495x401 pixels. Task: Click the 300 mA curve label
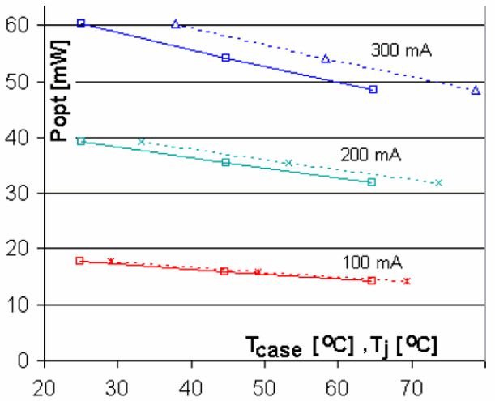tap(401, 49)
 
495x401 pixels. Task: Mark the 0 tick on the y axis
tap(33, 360)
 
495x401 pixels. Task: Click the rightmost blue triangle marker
tap(476, 90)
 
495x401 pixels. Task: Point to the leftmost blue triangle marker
tap(176, 24)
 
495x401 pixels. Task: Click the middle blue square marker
tap(225, 58)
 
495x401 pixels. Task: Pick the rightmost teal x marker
tap(438, 183)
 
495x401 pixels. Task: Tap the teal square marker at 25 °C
tap(80, 141)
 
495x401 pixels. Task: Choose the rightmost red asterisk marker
tap(406, 281)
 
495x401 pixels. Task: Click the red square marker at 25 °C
tap(79, 261)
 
